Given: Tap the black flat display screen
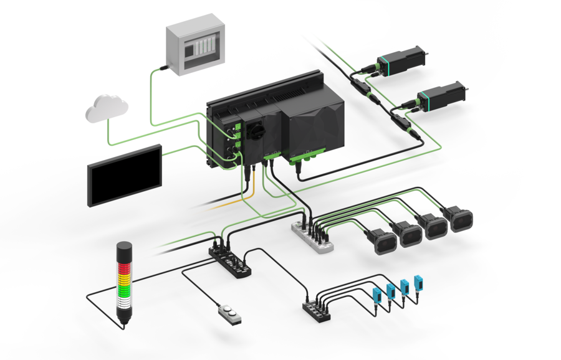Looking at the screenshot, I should tap(125, 175).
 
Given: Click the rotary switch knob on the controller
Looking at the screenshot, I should tap(256, 131).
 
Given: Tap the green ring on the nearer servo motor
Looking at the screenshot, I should tap(427, 98).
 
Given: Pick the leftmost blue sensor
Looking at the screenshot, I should tap(376, 298).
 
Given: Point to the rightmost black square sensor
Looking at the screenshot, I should tap(461, 220).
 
